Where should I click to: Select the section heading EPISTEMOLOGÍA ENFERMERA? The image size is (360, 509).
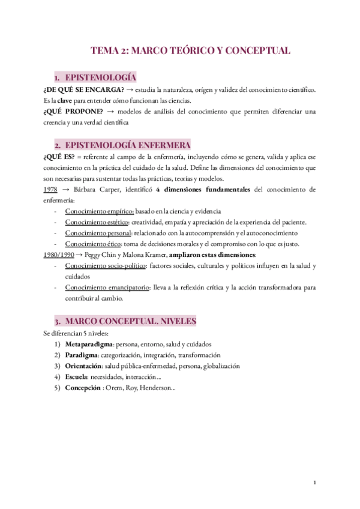pyautogui.click(x=128, y=145)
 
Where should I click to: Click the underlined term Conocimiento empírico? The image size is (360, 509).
pyautogui.click(x=99, y=211)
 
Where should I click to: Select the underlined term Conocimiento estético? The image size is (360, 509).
pyautogui.click(x=97, y=222)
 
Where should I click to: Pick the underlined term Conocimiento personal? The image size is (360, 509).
pyautogui.click(x=98, y=233)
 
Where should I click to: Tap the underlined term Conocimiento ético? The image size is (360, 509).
pyautogui.click(x=93, y=244)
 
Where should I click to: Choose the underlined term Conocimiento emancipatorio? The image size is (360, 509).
pyautogui.click(x=107, y=287)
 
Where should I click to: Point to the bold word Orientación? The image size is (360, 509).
pyautogui.click(x=86, y=366)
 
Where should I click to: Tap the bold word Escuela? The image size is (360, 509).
pyautogui.click(x=78, y=376)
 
